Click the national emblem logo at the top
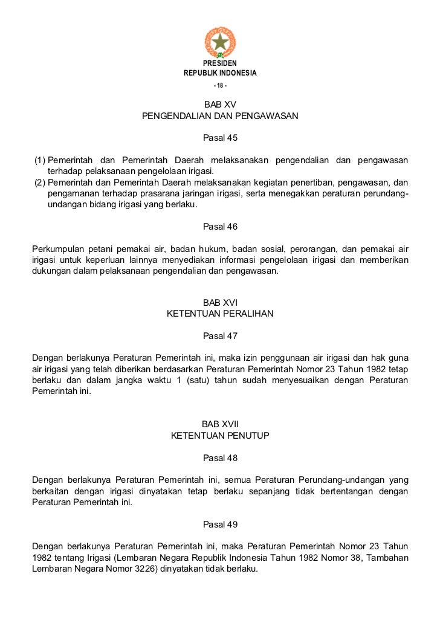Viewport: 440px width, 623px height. tap(220, 42)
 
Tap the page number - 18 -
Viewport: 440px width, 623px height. tap(220, 83)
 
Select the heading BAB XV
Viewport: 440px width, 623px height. tap(220, 105)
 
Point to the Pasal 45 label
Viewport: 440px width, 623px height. tap(220, 138)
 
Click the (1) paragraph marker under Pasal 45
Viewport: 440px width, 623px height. tap(39, 160)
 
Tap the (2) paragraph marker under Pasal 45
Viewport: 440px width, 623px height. tap(39, 182)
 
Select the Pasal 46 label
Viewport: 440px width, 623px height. tap(220, 227)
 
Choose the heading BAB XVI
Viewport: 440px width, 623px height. tap(220, 303)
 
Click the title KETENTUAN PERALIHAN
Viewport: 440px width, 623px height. tap(220, 314)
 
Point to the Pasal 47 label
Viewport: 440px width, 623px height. tap(220, 336)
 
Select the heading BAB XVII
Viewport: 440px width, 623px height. tap(220, 424)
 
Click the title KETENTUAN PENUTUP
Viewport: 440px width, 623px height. tap(220, 435)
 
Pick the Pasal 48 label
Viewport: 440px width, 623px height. tap(220, 458)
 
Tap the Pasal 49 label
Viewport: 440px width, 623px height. tap(220, 524)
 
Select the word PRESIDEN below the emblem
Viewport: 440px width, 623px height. tap(220, 63)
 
